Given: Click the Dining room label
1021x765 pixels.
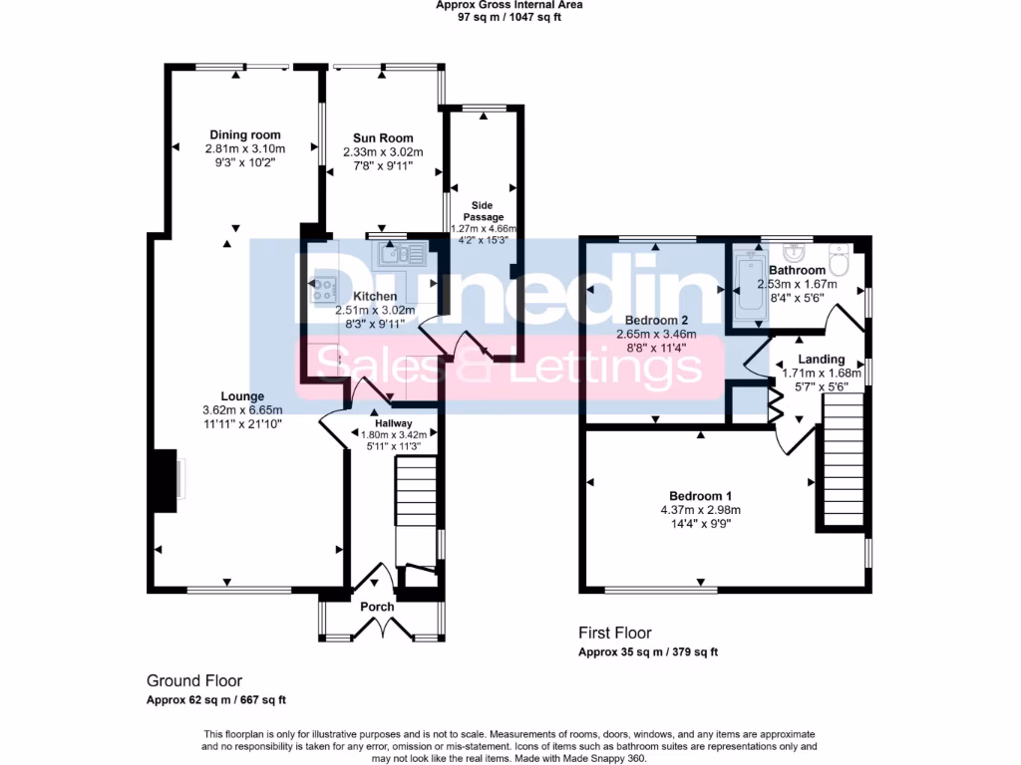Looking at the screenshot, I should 244,135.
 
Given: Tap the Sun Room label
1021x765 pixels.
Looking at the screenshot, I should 383,138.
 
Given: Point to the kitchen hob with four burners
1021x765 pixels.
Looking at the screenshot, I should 325,289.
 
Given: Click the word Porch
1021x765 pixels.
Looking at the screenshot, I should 377,607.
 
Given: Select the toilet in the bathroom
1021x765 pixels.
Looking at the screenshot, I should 839,260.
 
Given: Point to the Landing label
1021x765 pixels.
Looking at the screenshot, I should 821,360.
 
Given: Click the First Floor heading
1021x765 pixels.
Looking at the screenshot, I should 615,633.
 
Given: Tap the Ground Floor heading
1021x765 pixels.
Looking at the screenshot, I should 193,681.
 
